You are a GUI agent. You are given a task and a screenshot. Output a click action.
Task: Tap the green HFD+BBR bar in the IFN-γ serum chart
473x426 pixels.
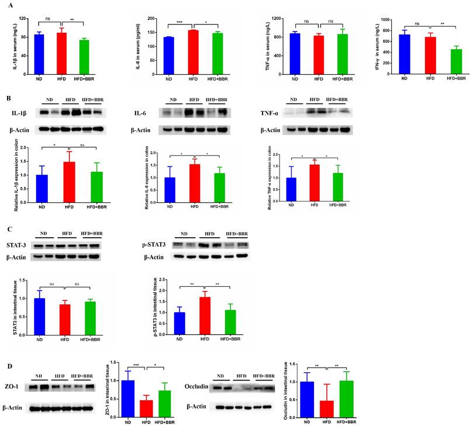click(x=455, y=61)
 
